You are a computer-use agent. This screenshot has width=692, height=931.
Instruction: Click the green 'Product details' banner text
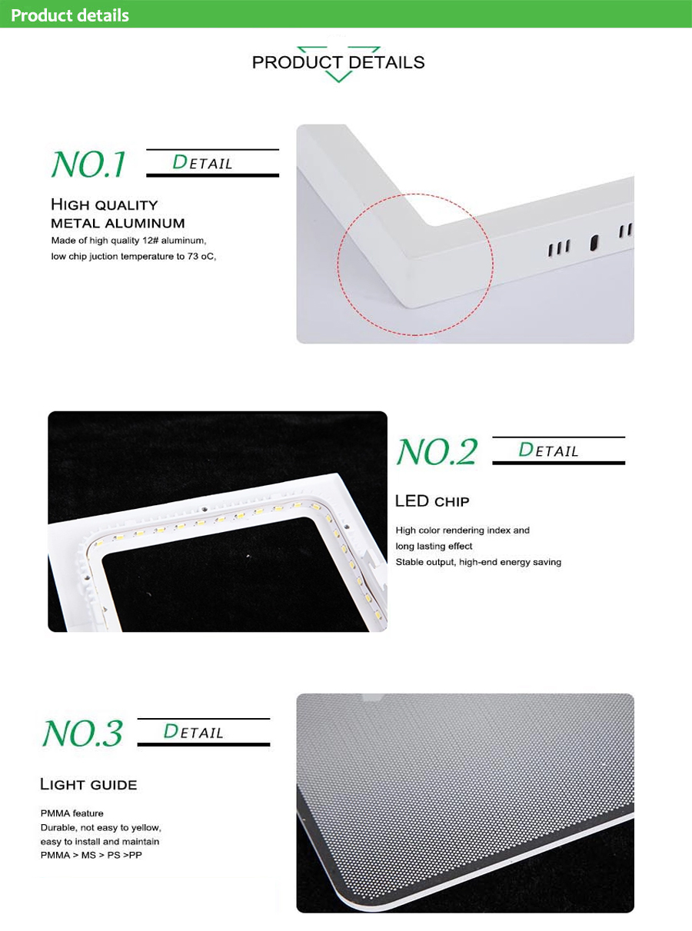point(70,15)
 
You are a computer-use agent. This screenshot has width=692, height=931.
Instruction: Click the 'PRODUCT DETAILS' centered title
point(338,62)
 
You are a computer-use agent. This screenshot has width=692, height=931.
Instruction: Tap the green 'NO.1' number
point(88,164)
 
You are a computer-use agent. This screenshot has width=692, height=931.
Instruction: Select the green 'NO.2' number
point(437,451)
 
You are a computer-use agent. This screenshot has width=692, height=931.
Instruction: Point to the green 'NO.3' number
point(83,733)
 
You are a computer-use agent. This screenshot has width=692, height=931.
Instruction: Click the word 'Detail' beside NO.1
point(202,162)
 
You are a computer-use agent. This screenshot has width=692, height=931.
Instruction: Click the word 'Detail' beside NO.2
point(548,450)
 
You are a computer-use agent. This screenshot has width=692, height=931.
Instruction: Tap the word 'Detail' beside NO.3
point(193,731)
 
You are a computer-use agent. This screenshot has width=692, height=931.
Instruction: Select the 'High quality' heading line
point(104,204)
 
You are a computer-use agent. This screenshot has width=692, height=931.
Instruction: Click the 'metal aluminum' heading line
point(118,223)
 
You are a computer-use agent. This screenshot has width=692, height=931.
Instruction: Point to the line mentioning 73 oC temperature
point(134,256)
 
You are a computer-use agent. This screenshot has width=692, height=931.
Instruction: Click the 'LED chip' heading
point(432,501)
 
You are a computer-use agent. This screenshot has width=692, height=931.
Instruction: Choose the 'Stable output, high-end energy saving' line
point(478,562)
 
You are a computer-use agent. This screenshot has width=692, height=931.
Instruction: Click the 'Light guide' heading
point(88,784)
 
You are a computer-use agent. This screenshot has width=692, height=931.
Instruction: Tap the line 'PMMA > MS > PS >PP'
point(91,855)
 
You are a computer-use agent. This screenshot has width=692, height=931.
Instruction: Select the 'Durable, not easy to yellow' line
point(101,827)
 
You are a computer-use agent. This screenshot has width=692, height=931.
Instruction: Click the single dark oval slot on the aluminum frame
point(594,243)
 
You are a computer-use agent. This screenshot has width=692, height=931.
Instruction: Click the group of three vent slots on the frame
point(559,248)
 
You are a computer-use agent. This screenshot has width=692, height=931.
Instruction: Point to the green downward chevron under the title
point(338,77)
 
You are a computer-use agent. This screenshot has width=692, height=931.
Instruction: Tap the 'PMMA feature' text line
point(72,813)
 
